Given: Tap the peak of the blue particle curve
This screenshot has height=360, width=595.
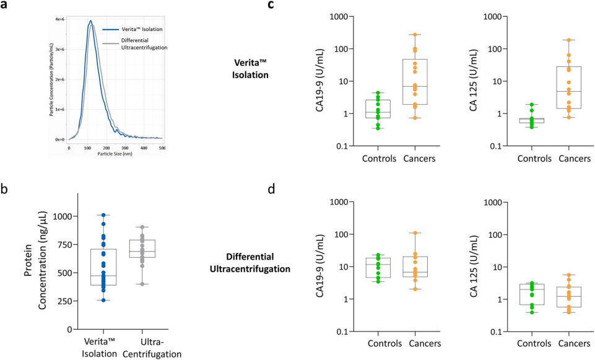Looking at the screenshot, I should coord(90,21).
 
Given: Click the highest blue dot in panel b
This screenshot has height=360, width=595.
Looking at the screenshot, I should coord(104,215).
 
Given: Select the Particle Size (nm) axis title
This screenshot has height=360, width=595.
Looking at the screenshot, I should coord(115,153).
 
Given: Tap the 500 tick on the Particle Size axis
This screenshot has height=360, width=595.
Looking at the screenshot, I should coord(162,147).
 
